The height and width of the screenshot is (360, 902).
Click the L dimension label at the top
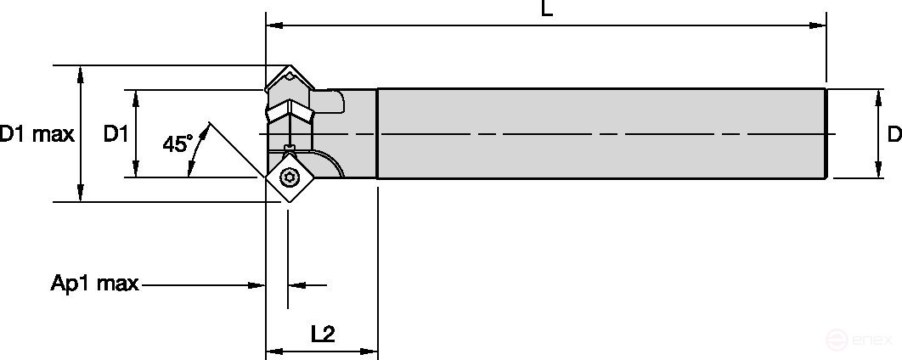(x=547, y=9)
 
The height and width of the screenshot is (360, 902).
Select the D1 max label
(x=37, y=134)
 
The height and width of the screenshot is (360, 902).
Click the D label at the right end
(x=894, y=134)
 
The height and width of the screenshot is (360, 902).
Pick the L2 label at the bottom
(x=323, y=334)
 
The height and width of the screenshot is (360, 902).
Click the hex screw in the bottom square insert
(x=289, y=177)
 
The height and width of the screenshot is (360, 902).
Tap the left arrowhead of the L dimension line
(x=274, y=25)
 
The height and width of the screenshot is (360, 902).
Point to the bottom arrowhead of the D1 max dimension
(x=81, y=194)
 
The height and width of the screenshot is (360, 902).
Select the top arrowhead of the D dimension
(x=878, y=96)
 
